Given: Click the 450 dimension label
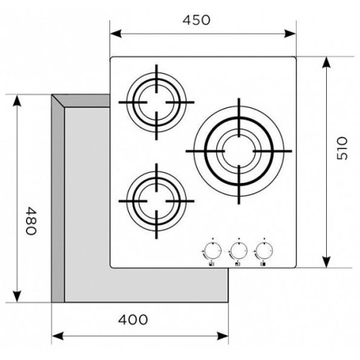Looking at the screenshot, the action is [x=197, y=20].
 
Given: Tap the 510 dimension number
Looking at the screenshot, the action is [x=342, y=148].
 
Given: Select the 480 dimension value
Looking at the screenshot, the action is [x=31, y=221].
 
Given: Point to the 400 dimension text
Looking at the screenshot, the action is [x=132, y=320].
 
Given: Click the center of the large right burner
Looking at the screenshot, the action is [x=239, y=151].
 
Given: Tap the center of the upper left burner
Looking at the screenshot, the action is [x=156, y=102].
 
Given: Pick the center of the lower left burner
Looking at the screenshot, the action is [x=156, y=201].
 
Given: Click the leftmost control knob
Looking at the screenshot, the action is [x=212, y=251].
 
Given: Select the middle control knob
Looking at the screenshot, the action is [x=238, y=251].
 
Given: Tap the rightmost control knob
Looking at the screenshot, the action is [x=264, y=251].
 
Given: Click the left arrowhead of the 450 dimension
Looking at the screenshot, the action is [x=116, y=34].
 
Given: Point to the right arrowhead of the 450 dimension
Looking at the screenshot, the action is [x=290, y=34].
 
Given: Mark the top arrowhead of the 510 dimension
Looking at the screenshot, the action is [x=326, y=63].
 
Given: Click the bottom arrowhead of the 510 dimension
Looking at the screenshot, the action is [x=326, y=262].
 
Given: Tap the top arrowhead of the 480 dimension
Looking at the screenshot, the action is [x=17, y=101].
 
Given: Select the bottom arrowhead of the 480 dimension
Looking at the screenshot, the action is [x=17, y=296].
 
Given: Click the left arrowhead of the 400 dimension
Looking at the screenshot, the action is [x=58, y=336].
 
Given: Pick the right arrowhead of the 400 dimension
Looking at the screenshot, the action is [x=222, y=336].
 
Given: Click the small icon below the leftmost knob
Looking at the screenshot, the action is [x=211, y=264].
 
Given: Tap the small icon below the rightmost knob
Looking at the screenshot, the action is [x=263, y=264].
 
